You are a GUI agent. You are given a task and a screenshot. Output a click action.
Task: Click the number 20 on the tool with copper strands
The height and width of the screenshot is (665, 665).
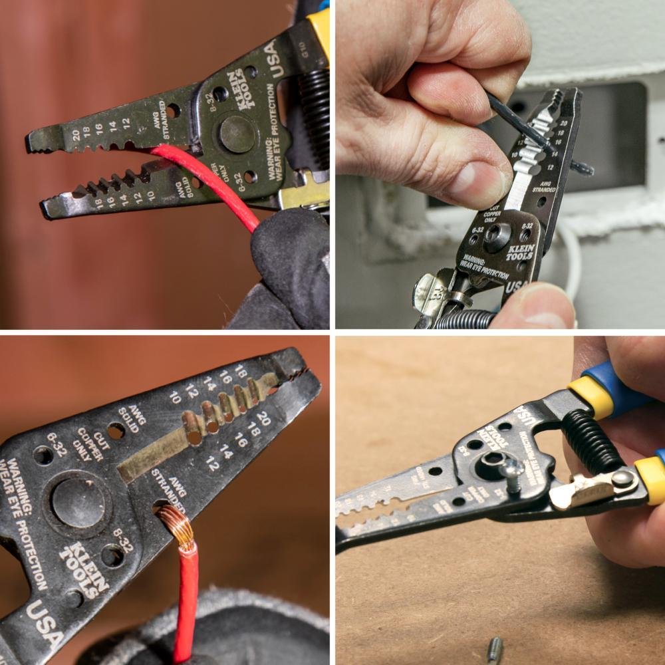click(263, 418)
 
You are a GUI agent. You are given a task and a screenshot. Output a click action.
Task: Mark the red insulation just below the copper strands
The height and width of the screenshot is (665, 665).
click(187, 572)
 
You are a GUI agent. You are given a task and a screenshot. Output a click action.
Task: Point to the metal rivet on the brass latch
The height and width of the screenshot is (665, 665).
click(622, 479)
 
